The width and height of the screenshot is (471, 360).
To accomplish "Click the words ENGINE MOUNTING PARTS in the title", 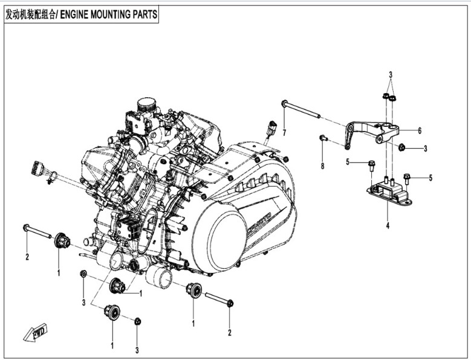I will coord(114,13).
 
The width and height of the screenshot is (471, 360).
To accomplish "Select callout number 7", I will coord(284,132).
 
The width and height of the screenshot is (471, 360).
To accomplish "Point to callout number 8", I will coord(322,166).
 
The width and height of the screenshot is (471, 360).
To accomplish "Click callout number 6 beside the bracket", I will coord(418,130).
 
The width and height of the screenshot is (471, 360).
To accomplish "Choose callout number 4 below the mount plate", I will coord(388,225).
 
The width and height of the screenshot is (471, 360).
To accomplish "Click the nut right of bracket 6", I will coord(401,147).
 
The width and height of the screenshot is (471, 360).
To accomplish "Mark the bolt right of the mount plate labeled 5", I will coord(407,179).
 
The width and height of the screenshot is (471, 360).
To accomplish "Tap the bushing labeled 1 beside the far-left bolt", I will coord(62,241).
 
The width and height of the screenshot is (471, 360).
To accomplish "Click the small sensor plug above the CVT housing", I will coord(274,129).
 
